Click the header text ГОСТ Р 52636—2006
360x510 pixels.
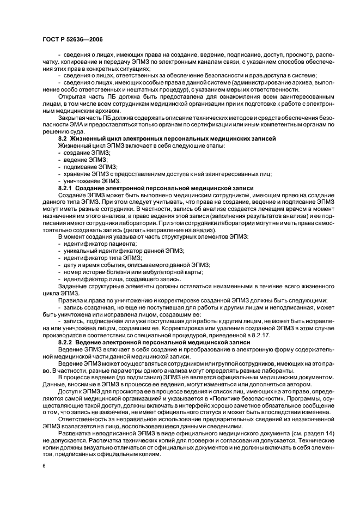pos(72,39)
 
